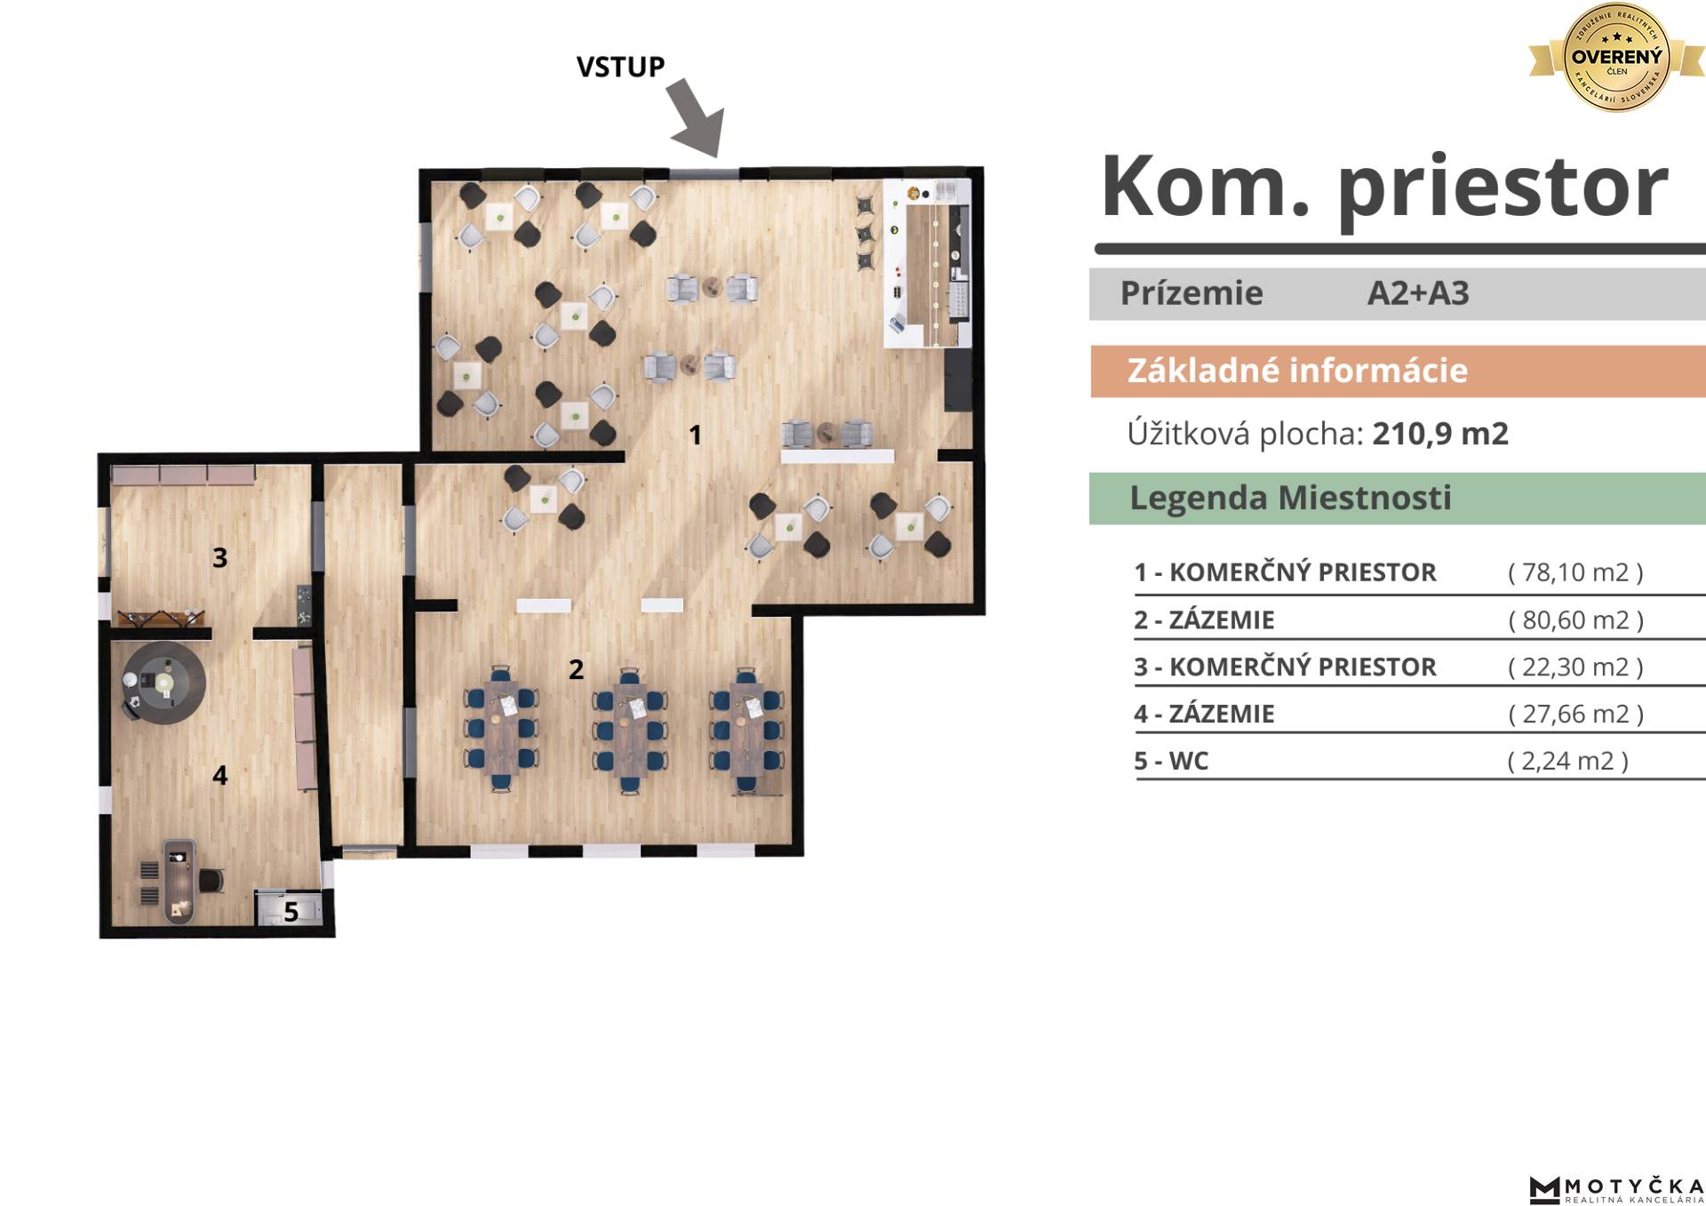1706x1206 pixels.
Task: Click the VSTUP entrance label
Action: point(620,67)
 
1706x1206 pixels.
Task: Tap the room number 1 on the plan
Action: point(696,435)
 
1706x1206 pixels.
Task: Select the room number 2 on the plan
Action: point(576,669)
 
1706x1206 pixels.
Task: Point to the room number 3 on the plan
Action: point(219,557)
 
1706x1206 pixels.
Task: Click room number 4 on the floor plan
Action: point(219,775)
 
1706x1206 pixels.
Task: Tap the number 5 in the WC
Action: point(291,912)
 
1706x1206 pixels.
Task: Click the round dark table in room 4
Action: point(164,683)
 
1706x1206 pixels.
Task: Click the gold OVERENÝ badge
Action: point(1616,58)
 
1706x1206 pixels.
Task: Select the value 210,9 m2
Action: point(1440,434)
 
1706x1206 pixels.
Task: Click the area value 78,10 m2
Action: point(1575,571)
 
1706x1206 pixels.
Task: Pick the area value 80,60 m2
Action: point(1575,619)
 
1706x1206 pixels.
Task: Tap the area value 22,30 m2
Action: point(1575,667)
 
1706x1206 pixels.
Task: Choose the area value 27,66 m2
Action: point(1575,714)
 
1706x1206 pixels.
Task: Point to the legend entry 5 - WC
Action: point(1171,761)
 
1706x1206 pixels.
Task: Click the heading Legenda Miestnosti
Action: point(1290,498)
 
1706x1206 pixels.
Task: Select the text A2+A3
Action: point(1418,293)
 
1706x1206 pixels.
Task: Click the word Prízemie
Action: point(1192,293)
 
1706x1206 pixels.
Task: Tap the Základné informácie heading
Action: point(1297,371)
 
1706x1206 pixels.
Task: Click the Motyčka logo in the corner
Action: point(1616,1189)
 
